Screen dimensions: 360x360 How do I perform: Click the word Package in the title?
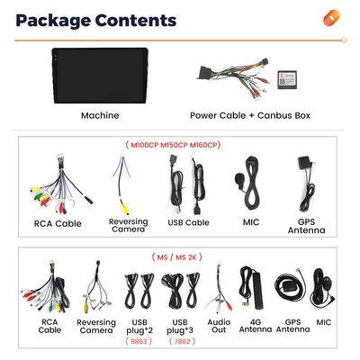[x=53, y=21]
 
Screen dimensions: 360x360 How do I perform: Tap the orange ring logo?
[x=331, y=18]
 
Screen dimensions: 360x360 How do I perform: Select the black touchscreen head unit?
[x=100, y=76]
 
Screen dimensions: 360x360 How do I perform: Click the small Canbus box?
[x=287, y=80]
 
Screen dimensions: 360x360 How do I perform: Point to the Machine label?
[x=100, y=115]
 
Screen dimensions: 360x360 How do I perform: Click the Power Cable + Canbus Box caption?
[x=250, y=115]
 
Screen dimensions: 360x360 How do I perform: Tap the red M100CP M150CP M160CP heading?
[x=173, y=145]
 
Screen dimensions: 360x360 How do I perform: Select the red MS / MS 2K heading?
[x=176, y=257]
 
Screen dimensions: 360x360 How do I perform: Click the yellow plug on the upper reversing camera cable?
[x=124, y=209]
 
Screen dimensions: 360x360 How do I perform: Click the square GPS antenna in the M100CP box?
[x=304, y=164]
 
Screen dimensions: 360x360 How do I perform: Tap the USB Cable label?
[x=188, y=222]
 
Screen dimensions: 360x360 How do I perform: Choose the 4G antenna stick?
[x=256, y=290]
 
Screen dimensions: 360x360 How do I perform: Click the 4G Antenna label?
[x=256, y=326]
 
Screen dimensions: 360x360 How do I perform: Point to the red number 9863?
[x=139, y=341]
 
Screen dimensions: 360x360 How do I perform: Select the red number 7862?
[x=182, y=341]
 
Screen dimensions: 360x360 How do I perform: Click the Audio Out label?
[x=219, y=326]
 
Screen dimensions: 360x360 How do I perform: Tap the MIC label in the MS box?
[x=324, y=322]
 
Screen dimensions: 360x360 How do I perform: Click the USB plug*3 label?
[x=180, y=327]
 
